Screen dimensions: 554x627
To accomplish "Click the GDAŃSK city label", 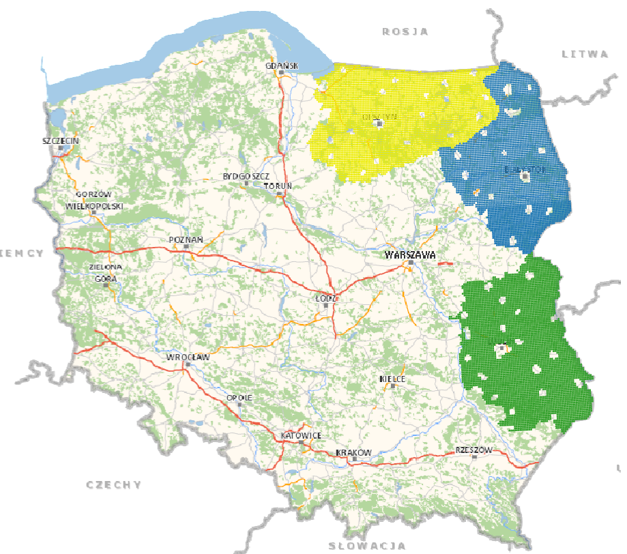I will coord(282,65).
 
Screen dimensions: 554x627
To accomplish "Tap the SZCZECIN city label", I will coord(61,141).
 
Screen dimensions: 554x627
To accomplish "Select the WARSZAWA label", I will coord(409,254).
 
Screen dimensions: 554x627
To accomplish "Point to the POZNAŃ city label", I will coord(186,240).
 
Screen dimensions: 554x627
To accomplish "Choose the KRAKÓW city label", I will coord(353,453).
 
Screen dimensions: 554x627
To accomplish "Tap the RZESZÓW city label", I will coord(473,450).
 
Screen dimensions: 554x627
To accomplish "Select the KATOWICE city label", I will coord(301,435).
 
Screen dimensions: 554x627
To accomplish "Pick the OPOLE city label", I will coord(239,398).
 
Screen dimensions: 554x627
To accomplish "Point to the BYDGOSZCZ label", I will coord(246,177).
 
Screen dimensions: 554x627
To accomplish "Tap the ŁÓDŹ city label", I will coord(327,299).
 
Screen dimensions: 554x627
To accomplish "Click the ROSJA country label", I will coord(405,31).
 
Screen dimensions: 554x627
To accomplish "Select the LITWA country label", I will coord(584,53).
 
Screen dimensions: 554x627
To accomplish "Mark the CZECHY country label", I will coord(114,485).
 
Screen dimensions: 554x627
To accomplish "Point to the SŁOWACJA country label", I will coord(367,546).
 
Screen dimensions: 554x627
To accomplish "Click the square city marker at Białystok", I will coord(525,176).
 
